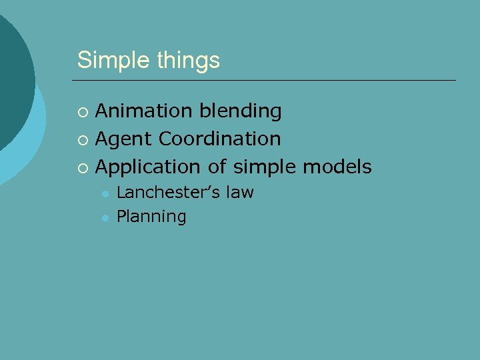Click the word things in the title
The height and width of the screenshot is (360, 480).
[x=189, y=61]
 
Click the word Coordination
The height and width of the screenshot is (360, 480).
[x=219, y=139]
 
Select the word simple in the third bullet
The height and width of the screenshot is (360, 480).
[x=265, y=167]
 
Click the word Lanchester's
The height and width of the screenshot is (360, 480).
[x=168, y=193]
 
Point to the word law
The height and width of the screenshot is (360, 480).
[x=239, y=193]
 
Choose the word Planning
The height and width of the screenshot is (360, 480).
[x=151, y=217]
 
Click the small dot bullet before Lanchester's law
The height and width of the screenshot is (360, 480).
[x=105, y=194]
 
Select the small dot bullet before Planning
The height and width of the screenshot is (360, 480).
[x=105, y=217]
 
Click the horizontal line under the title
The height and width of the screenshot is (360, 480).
[x=267, y=81]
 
